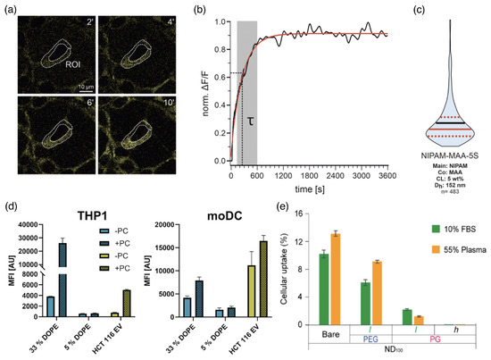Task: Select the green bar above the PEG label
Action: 365,302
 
